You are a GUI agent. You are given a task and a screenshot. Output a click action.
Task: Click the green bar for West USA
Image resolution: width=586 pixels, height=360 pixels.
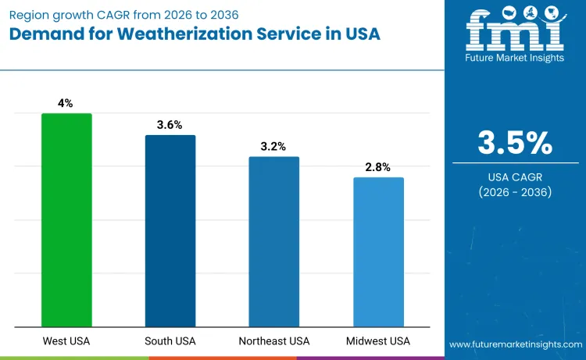66,220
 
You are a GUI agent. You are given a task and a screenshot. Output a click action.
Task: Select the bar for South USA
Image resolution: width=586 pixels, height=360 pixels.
170,231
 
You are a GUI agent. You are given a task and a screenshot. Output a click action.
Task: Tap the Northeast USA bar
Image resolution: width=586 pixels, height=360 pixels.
274,242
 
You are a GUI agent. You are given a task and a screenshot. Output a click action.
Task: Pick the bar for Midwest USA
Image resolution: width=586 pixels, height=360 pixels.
378,252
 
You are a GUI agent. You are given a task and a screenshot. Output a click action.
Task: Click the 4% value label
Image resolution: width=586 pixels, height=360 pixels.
66,103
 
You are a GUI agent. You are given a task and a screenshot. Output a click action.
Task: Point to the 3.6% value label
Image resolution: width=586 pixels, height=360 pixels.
170,124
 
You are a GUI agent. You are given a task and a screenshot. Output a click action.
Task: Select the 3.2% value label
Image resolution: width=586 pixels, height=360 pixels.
274,146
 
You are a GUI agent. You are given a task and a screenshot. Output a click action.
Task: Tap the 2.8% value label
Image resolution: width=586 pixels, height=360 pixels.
378,167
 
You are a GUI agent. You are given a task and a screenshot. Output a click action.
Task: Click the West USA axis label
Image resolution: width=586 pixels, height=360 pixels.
66,341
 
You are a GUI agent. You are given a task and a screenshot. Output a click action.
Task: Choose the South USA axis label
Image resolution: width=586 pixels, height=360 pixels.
170,341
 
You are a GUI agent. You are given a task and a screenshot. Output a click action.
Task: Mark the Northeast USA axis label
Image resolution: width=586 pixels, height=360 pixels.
274,341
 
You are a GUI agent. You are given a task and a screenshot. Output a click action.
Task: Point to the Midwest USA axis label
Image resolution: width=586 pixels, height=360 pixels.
378,341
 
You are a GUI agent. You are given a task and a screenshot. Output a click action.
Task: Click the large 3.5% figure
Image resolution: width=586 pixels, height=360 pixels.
515,143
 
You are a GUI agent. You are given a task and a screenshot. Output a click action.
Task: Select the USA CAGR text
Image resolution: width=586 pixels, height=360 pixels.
515,177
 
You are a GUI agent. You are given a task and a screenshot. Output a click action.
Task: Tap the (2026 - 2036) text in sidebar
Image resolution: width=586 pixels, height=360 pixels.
515,192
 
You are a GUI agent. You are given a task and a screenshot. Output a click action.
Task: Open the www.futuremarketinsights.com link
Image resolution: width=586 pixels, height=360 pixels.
515,344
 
